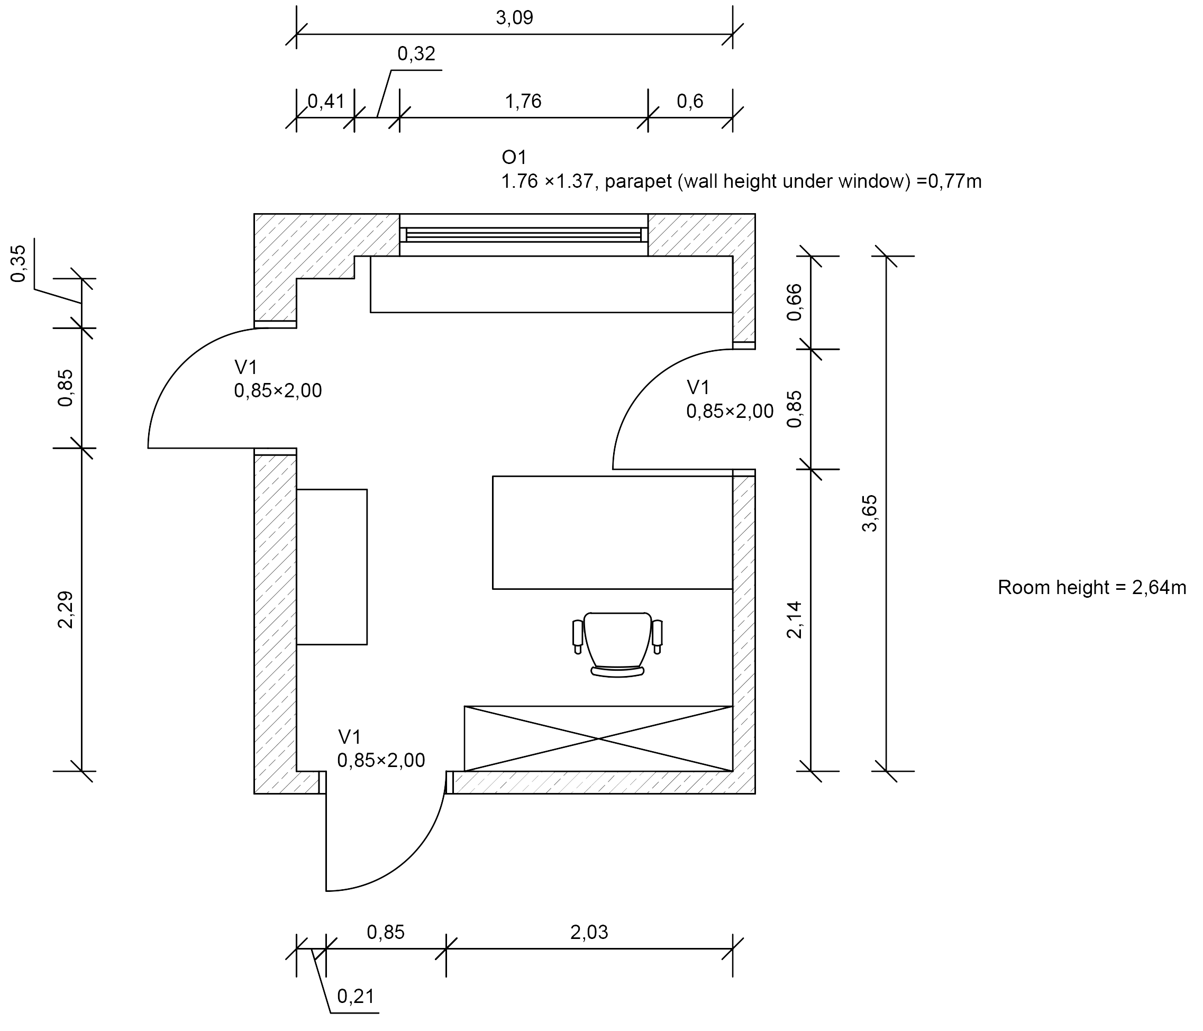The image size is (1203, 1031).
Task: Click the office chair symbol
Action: click(617, 644)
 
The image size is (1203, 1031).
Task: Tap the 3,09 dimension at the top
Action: click(514, 18)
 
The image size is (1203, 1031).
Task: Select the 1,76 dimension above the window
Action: click(523, 102)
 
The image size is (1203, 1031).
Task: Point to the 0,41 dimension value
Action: click(326, 102)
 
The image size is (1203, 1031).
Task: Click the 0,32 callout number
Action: click(416, 54)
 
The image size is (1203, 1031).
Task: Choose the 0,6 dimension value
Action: click(690, 102)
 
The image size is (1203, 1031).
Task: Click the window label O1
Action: click(514, 157)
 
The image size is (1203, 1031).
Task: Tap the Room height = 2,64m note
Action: click(1091, 588)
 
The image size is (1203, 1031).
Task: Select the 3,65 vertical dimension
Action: click(870, 513)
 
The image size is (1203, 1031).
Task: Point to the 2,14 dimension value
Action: click(794, 620)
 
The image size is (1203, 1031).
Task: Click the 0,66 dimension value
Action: click(794, 302)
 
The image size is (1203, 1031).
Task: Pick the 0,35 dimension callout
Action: click(19, 263)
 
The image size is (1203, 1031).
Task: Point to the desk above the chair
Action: click(613, 532)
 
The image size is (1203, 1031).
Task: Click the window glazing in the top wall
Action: click(524, 234)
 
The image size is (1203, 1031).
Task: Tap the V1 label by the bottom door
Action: click(350, 737)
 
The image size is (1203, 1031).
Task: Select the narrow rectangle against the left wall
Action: click(332, 567)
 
